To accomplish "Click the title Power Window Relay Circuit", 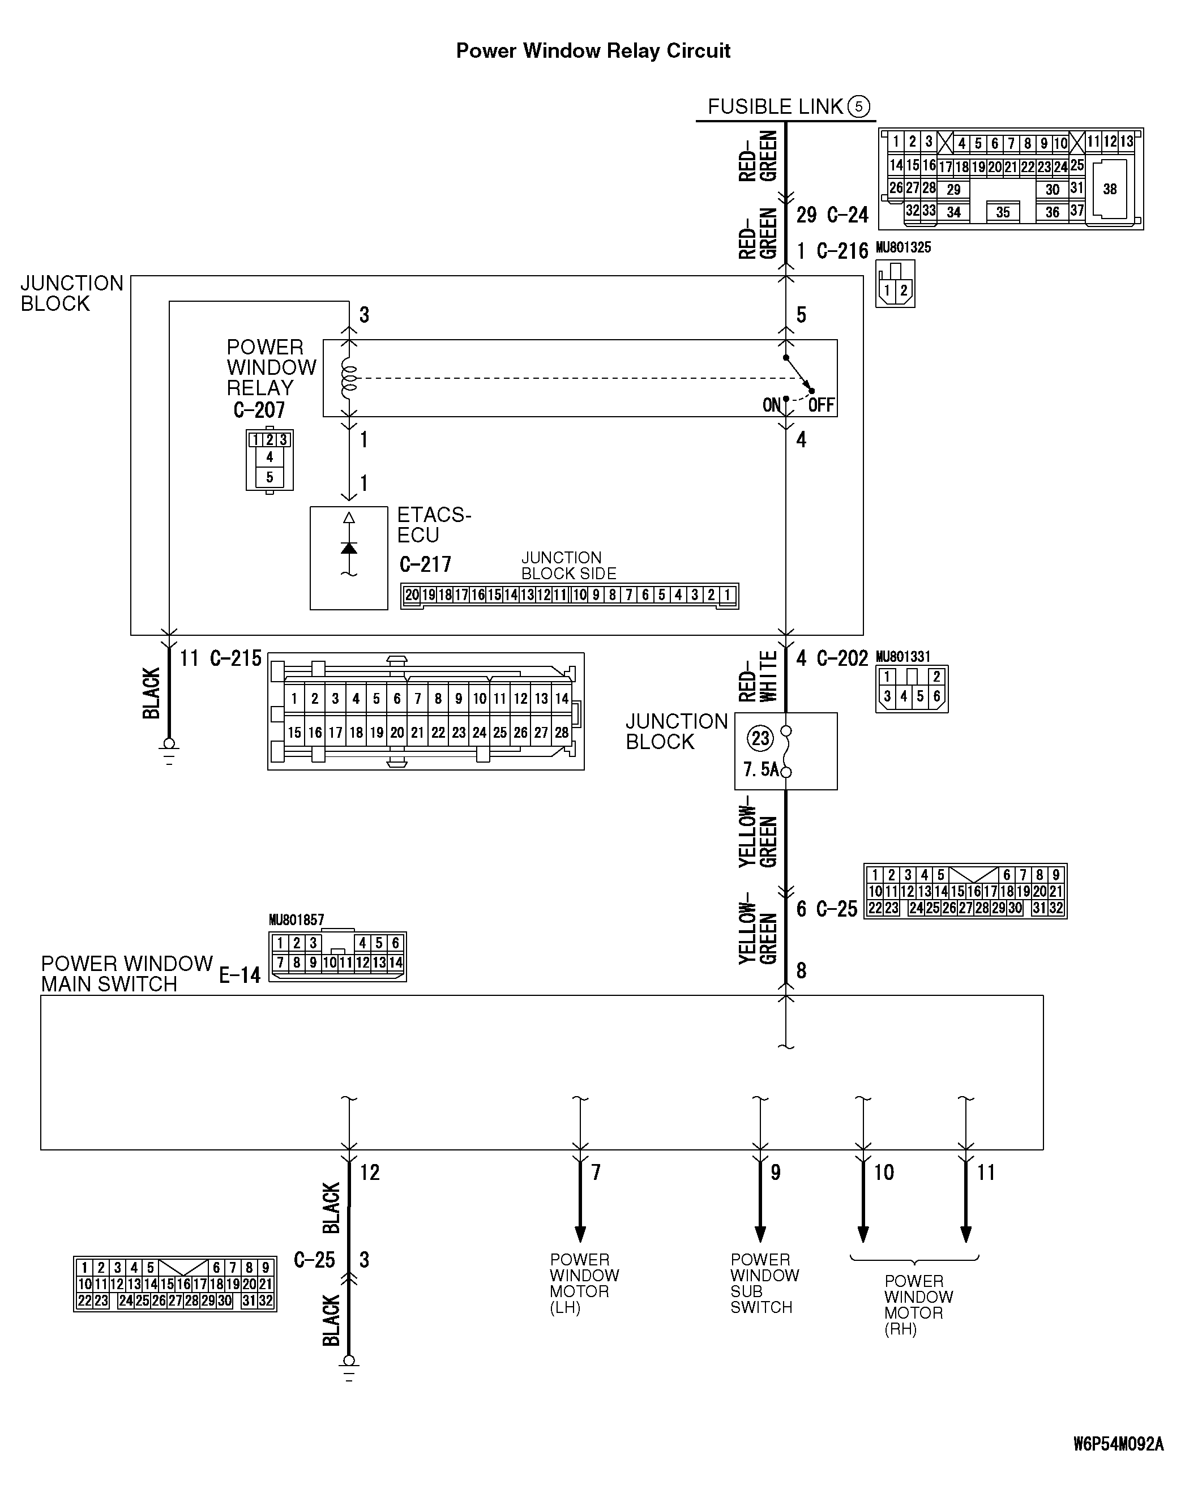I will click(593, 50).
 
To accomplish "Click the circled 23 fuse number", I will click(760, 738).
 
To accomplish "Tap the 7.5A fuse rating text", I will click(760, 769).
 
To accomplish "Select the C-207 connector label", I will click(259, 410).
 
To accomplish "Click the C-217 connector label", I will click(425, 564).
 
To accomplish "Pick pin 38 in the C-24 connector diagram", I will click(1110, 189).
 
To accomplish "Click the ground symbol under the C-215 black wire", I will click(169, 748).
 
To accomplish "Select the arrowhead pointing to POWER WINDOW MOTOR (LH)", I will click(580, 1234).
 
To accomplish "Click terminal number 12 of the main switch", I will click(369, 1173).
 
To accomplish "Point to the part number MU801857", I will click(296, 920).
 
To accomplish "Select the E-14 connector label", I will click(239, 975).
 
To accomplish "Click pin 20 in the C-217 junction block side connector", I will click(412, 595).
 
